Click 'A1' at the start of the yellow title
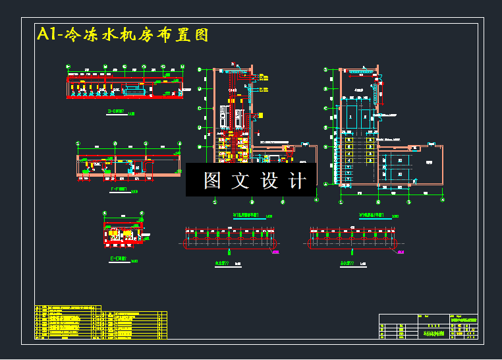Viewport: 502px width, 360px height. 46,35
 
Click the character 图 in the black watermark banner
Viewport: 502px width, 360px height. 212,180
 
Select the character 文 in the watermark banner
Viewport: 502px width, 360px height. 240,180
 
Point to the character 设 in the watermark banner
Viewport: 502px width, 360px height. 269,180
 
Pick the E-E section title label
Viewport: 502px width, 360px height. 119,260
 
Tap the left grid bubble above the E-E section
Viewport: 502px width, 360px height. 105,213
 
